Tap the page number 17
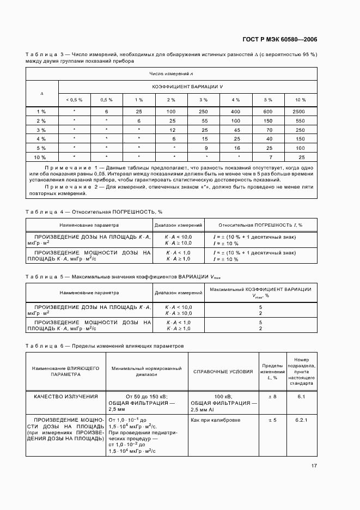tap(314, 466)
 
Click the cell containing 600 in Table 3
tap(268, 111)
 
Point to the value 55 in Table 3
tap(204, 120)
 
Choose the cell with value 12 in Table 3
tap(172, 130)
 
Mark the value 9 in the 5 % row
tap(204, 148)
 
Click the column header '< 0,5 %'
tap(74, 100)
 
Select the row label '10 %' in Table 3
tap(41, 157)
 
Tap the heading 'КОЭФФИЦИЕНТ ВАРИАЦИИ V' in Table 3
tap(187, 87)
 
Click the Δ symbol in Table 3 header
tap(41, 93)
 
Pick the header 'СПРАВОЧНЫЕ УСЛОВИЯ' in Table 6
tap(223, 372)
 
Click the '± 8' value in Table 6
tap(273, 396)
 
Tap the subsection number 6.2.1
tap(301, 420)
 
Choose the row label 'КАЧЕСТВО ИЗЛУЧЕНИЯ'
tap(66, 396)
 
